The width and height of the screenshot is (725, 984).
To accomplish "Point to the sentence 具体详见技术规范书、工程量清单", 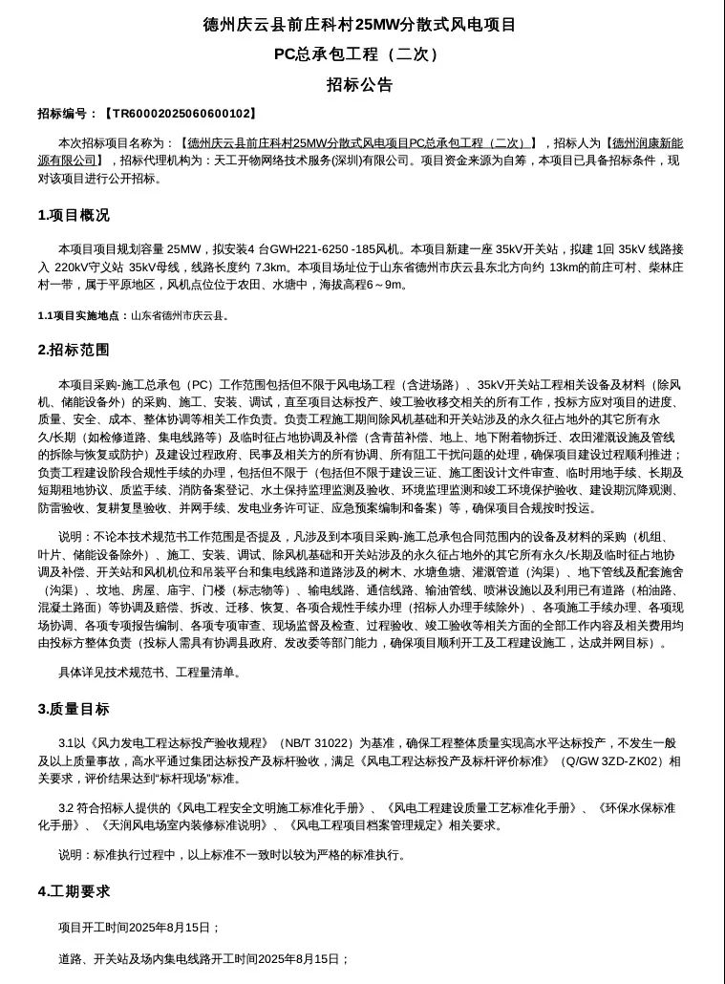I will click(x=150, y=673).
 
